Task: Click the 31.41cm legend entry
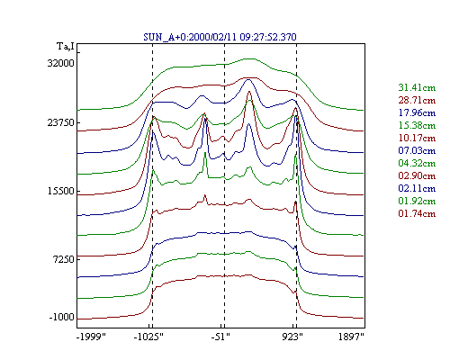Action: click(417, 87)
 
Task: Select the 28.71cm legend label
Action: click(417, 100)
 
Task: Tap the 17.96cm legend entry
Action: click(417, 112)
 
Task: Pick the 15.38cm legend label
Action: click(417, 125)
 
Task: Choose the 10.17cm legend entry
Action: click(417, 138)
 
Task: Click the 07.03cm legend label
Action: click(417, 150)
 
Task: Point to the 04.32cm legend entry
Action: click(417, 163)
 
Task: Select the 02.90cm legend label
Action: click(417, 175)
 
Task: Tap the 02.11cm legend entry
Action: click(417, 188)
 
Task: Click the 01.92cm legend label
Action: click(417, 201)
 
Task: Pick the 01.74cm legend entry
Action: click(417, 213)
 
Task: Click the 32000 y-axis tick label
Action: click(60, 64)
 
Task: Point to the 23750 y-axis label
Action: click(60, 123)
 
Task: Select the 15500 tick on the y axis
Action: click(60, 192)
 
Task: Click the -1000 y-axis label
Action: click(61, 318)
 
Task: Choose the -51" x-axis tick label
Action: click(220, 337)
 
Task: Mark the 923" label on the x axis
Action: click(292, 337)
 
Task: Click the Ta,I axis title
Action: click(66, 47)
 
